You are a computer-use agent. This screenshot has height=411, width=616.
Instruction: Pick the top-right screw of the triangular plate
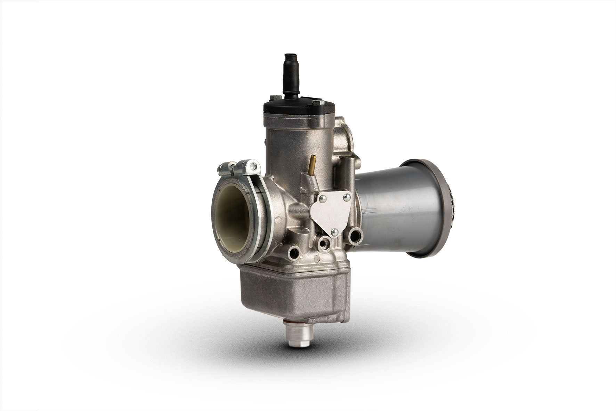[x=346, y=198]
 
